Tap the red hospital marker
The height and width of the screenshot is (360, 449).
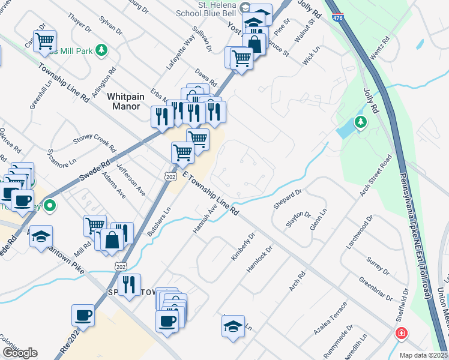[x=400, y=333]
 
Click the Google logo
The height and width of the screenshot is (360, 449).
[x=20, y=353]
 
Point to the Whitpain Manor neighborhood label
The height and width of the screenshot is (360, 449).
[x=126, y=101]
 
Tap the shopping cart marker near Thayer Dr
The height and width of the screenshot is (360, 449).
[x=44, y=41]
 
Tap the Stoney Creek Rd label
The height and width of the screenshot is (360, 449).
[x=94, y=142]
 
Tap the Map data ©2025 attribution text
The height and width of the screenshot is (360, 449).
[x=423, y=355]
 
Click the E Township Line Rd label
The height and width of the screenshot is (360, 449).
[x=210, y=193]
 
